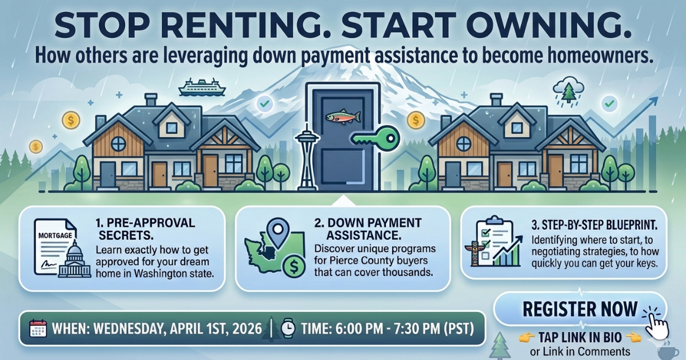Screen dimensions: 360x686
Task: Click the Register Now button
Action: click(579, 310)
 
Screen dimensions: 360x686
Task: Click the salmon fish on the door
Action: click(342, 116)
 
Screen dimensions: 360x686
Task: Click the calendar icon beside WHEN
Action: click(37, 329)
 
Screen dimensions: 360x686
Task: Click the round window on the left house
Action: click(118, 143)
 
